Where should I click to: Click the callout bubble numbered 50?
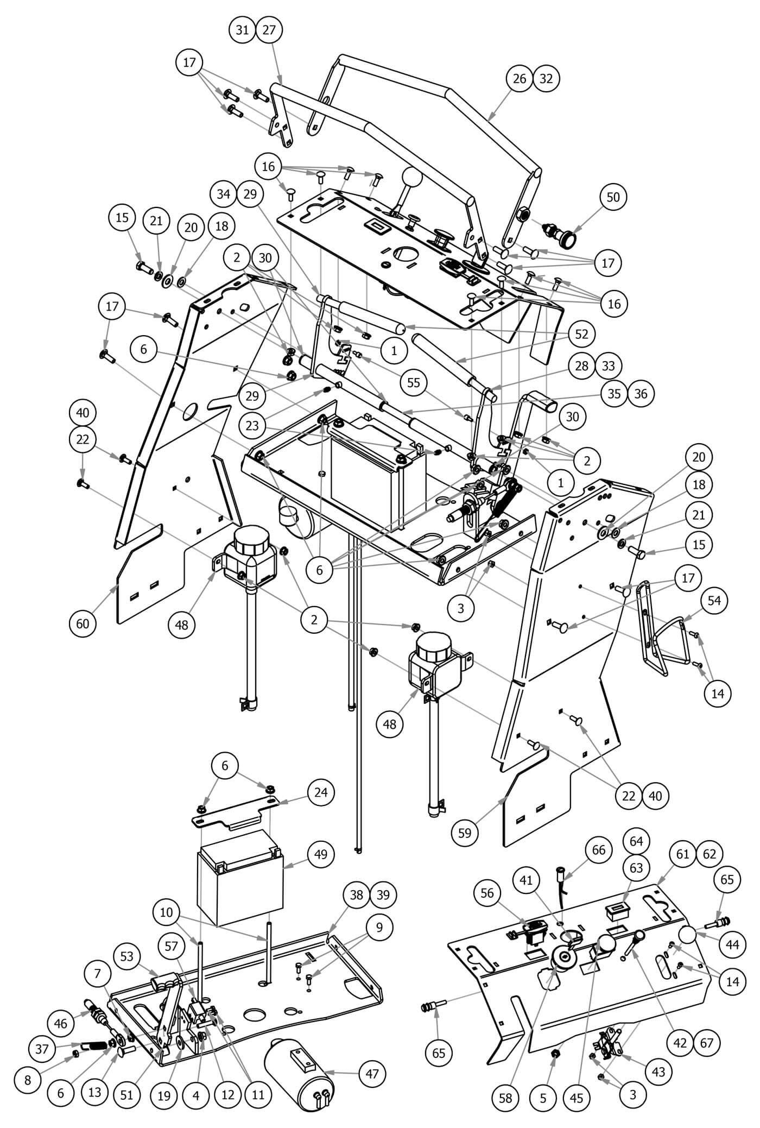[x=612, y=198]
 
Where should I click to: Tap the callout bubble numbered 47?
[x=372, y=1074]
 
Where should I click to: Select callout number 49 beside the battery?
[x=321, y=854]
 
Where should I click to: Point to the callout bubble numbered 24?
[x=321, y=792]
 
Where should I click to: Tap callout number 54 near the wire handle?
[x=718, y=600]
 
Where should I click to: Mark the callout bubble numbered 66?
[x=598, y=850]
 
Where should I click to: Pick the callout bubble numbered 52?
[x=581, y=334]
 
